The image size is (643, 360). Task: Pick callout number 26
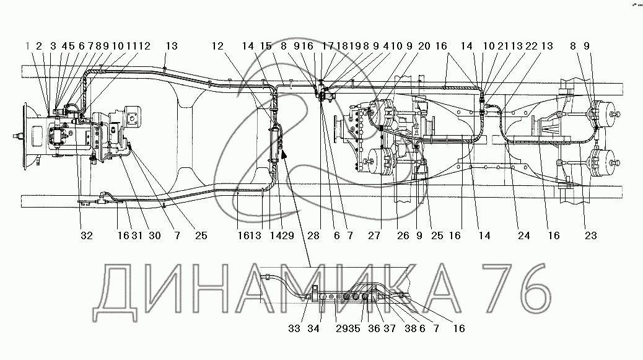click(x=403, y=235)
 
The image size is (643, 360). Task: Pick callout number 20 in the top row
click(x=424, y=46)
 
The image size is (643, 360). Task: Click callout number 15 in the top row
click(x=266, y=46)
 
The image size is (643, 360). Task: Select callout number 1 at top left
click(x=28, y=46)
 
